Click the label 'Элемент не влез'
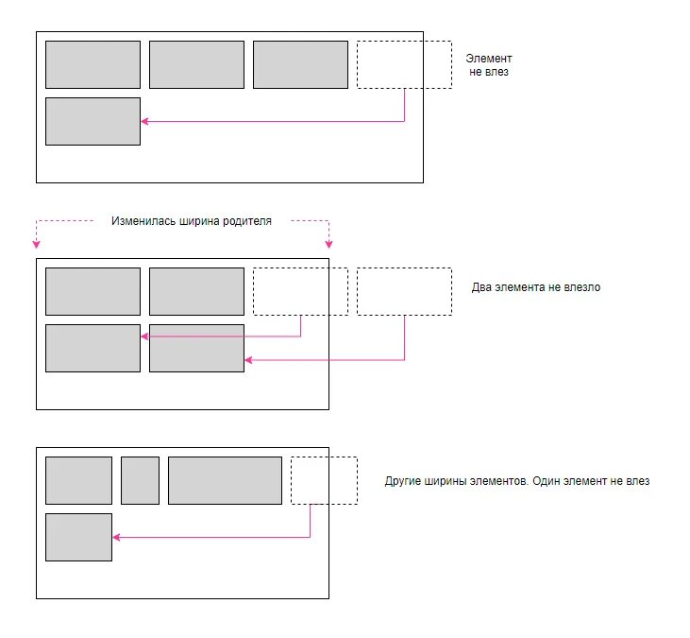489,64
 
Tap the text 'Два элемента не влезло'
535,287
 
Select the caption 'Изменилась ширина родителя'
192,221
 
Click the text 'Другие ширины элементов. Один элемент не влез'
517,481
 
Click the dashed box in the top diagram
404,64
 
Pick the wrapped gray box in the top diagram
93,121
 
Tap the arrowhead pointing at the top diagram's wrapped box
144,121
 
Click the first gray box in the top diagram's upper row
93,64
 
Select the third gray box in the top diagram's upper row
300,64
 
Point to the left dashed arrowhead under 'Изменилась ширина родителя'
37,241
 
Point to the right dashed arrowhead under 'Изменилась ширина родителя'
328,241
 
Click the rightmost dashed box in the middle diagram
404,291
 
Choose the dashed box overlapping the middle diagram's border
300,291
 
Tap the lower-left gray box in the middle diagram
93,348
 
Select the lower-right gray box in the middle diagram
196,348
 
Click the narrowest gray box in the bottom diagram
140,480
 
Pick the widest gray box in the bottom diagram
225,480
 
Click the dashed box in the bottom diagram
324,480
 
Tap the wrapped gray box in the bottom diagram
78,537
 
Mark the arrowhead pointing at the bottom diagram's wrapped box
116,537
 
